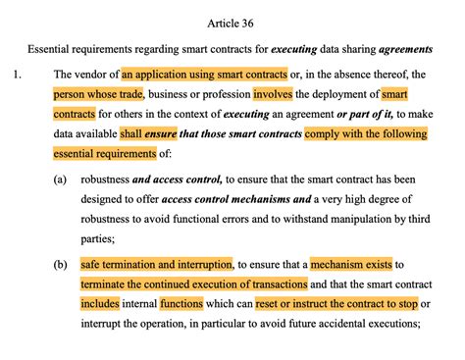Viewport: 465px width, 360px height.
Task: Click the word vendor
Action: pyautogui.click(x=92, y=74)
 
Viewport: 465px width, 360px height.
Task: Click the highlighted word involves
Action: pyautogui.click(x=278, y=94)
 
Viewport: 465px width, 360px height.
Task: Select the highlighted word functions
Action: pyautogui.click(x=181, y=304)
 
